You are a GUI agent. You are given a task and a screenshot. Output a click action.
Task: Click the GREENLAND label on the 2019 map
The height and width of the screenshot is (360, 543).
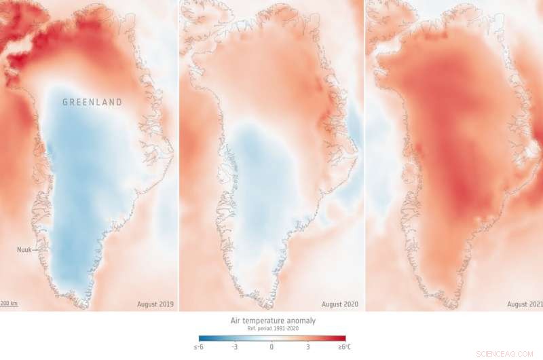pyautogui.click(x=92, y=103)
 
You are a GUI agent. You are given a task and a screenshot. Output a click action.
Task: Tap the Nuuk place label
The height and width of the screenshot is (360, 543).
pyautogui.click(x=25, y=249)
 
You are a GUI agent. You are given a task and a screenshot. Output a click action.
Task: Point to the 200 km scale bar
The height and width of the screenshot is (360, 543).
pyautogui.click(x=9, y=304)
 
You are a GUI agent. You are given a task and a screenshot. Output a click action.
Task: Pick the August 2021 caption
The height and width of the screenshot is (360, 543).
pyautogui.click(x=524, y=304)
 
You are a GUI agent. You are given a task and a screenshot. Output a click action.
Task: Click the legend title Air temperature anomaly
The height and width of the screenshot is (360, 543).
pyautogui.click(x=271, y=320)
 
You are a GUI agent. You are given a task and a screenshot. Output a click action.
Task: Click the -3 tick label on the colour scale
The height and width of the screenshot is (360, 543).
pyautogui.click(x=233, y=347)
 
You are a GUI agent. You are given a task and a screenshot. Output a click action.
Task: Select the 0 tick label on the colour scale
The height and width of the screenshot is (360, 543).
pyautogui.click(x=271, y=347)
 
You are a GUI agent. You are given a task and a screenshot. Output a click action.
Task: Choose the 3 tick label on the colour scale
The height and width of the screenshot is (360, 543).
pyautogui.click(x=308, y=347)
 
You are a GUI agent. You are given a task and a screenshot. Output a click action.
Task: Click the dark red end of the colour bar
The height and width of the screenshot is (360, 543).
pyautogui.click(x=342, y=338)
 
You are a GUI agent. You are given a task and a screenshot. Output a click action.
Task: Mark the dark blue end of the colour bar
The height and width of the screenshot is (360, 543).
pyautogui.click(x=202, y=338)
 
